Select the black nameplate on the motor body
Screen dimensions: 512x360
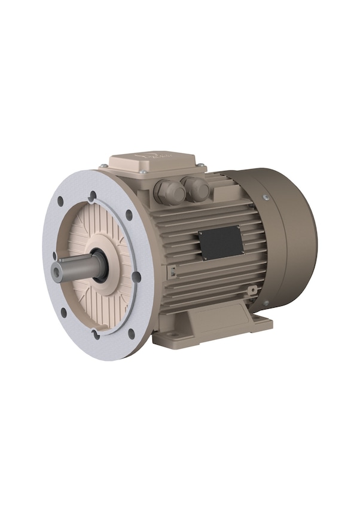pyautogui.click(x=220, y=243)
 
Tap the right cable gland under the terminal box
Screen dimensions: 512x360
pyautogui.click(x=196, y=189)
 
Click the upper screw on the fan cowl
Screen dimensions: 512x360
pyautogui.click(x=266, y=198)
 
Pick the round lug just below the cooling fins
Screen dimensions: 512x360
pyautogui.click(x=254, y=290)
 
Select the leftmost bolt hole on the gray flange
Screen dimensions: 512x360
pyautogui.click(x=54, y=256)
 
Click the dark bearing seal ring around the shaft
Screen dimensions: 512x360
pyautogui.click(x=100, y=266)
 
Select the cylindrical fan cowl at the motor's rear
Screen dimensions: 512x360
pyautogui.click(x=281, y=236)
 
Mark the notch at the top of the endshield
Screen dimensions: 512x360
pyautogui.click(x=92, y=195)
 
